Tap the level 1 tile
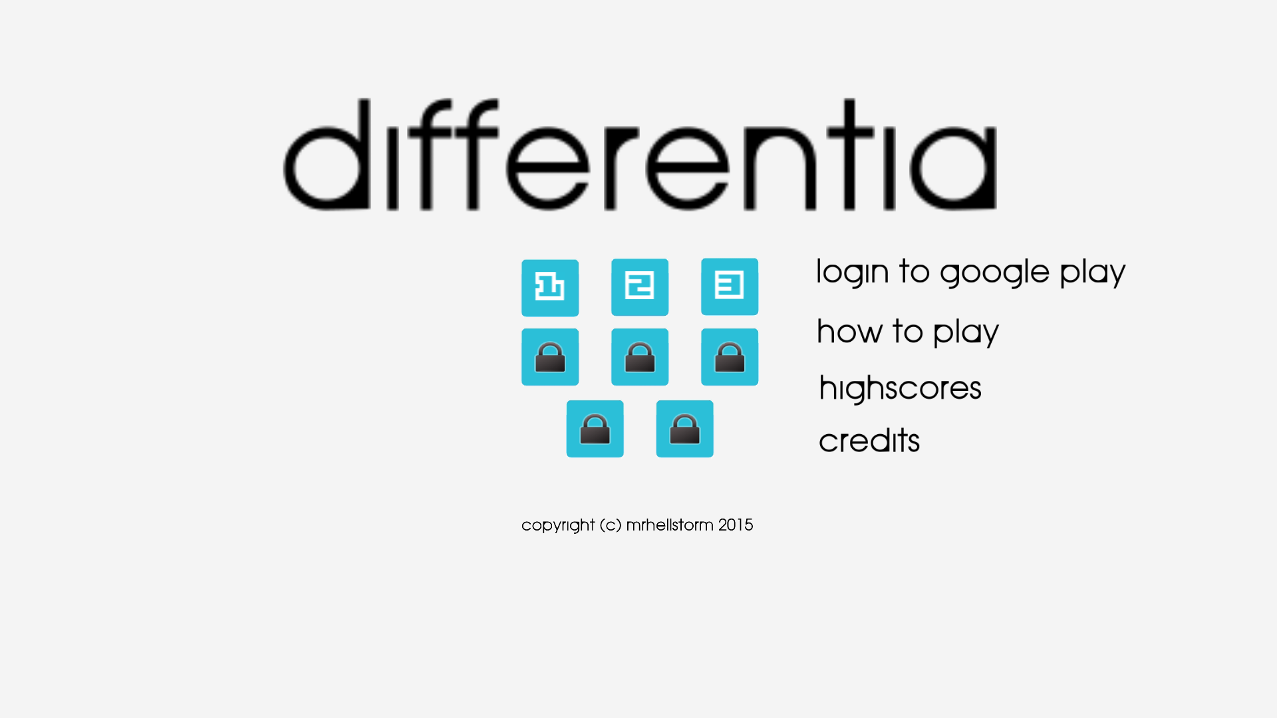tap(550, 288)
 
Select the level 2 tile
tap(640, 287)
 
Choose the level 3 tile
tap(730, 287)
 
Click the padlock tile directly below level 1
tap(550, 357)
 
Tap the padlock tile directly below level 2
tap(640, 357)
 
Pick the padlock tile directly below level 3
tap(730, 357)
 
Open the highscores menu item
tap(900, 388)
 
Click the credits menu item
tap(869, 440)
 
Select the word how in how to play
tap(849, 331)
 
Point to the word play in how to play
tap(966, 332)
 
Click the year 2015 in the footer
tap(736, 525)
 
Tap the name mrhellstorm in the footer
tap(670, 525)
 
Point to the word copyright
tap(558, 525)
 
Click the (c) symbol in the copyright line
tap(611, 525)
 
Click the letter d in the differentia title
tap(326, 154)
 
